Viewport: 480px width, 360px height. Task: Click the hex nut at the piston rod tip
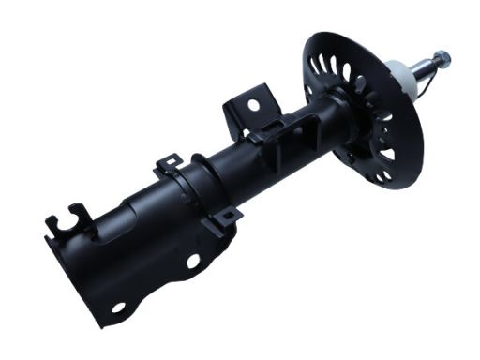(x=442, y=58)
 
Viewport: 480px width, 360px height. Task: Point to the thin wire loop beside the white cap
(x=421, y=89)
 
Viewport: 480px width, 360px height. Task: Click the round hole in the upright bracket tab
(x=253, y=105)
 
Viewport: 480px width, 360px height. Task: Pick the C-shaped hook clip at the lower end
(x=68, y=220)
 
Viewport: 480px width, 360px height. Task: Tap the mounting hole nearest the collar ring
(x=194, y=262)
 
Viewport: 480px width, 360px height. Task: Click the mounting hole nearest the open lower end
(x=119, y=307)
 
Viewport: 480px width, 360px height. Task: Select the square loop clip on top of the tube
(x=168, y=166)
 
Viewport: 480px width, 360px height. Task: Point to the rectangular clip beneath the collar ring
(x=226, y=217)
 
